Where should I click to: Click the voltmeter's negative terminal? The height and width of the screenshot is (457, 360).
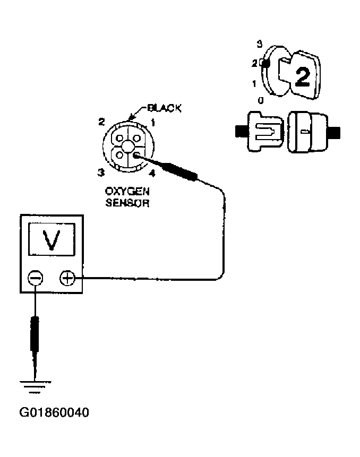pyautogui.click(x=35, y=277)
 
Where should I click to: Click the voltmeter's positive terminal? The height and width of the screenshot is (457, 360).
pyautogui.click(x=67, y=277)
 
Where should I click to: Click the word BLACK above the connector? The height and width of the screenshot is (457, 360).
pyautogui.click(x=164, y=108)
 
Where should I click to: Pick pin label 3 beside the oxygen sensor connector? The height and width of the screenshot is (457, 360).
pyautogui.click(x=99, y=171)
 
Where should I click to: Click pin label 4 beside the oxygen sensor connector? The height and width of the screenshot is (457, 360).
pyautogui.click(x=152, y=173)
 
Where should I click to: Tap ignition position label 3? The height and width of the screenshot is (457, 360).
pyautogui.click(x=259, y=43)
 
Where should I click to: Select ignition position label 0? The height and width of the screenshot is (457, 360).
pyautogui.click(x=259, y=100)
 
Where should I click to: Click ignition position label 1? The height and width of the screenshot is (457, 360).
pyautogui.click(x=255, y=83)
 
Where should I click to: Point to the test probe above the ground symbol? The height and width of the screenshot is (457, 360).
pyautogui.click(x=35, y=334)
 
